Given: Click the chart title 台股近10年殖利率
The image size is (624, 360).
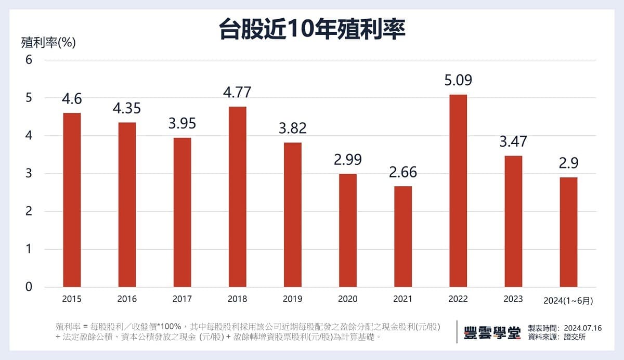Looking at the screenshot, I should [312, 30].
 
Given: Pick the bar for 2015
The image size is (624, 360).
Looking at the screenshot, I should [72, 200].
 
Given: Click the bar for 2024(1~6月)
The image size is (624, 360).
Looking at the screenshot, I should [568, 232].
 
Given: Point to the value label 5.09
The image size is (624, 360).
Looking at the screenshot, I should [458, 81].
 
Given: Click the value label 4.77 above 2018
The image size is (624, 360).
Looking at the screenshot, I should [237, 93].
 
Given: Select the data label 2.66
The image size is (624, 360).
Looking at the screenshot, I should [403, 172].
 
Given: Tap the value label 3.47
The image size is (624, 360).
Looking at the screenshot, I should [513, 142].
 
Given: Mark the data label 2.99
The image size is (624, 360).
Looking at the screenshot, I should [348, 160].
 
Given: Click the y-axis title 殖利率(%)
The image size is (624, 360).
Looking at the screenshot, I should [48, 43].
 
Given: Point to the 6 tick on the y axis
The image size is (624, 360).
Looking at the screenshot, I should [29, 60].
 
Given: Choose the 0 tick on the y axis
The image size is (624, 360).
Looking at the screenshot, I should [29, 287].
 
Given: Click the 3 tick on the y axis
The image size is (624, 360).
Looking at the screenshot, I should [29, 174].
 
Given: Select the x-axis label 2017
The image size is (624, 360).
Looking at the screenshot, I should [182, 299].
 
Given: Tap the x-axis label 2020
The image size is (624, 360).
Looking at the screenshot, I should [348, 299].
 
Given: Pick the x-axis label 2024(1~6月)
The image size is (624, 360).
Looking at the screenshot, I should [568, 300].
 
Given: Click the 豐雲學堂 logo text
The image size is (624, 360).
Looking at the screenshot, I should [492, 332].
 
